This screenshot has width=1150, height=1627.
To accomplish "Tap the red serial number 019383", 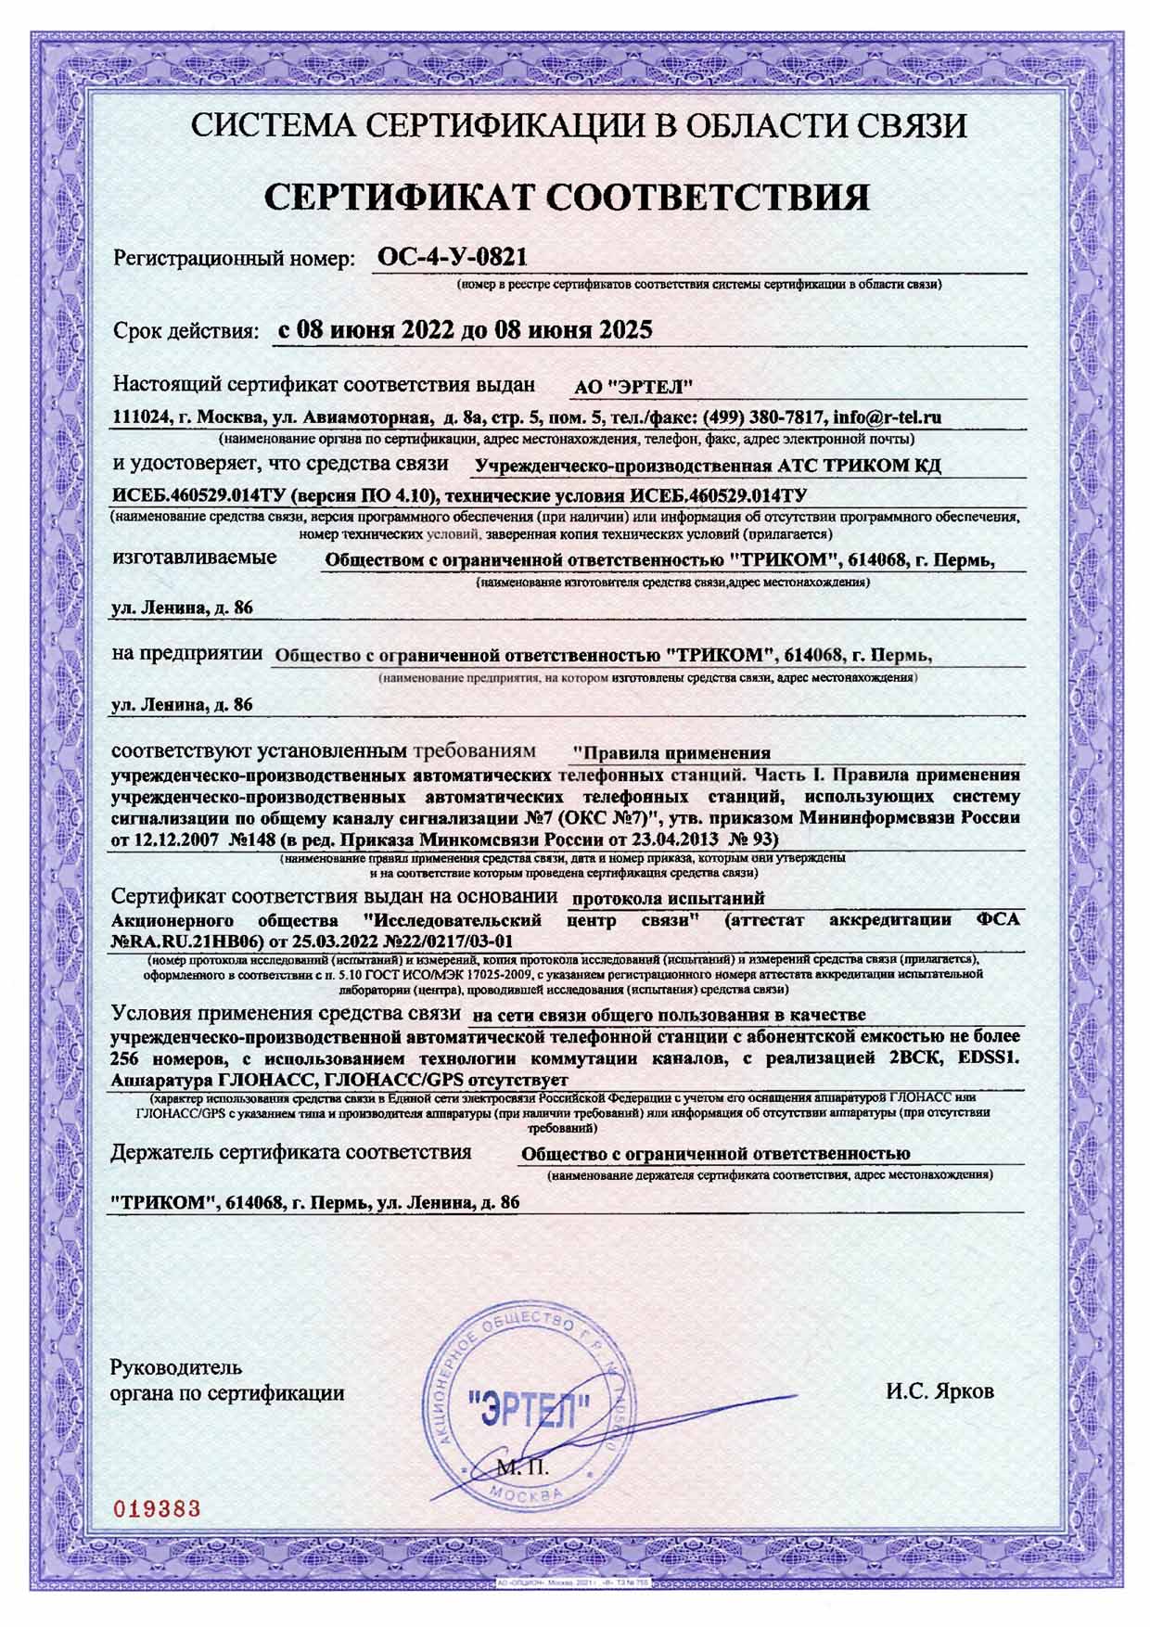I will (156, 1508).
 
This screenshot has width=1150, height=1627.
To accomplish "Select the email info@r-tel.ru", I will (888, 417).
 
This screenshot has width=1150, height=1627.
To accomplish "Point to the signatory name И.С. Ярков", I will (939, 1392).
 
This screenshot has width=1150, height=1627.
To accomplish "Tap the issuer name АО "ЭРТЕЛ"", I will (635, 387).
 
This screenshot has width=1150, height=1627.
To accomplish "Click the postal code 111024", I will (140, 417).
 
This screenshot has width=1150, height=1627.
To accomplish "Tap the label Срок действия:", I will (185, 331).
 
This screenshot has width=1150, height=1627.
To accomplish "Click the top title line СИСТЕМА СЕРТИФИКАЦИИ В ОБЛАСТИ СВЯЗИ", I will (580, 124).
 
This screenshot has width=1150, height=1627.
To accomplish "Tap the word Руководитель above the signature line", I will (176, 1367).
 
